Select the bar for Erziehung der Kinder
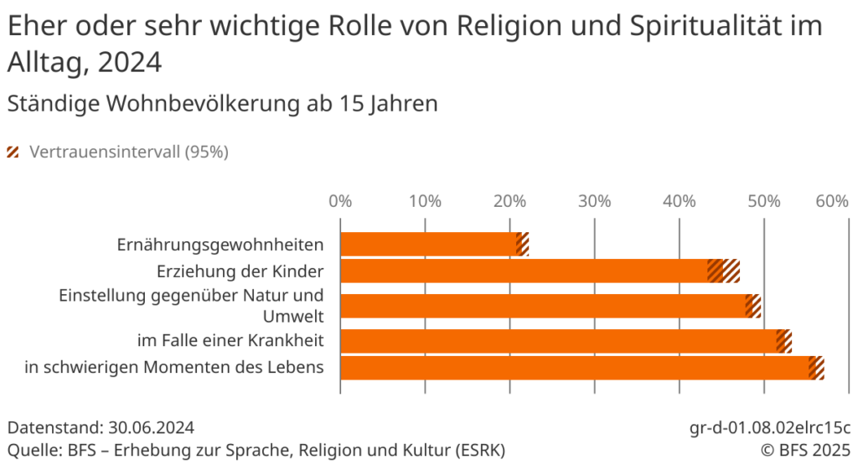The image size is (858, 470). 524,271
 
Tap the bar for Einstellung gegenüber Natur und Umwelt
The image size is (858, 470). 542,306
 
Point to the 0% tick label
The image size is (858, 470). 339,202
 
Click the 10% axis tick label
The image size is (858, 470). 425,202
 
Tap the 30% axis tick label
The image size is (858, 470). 594,202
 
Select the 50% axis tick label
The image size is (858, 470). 764,202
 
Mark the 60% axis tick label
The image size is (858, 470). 833,202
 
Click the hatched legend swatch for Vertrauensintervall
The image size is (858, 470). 13,152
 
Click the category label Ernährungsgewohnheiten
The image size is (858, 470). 220,245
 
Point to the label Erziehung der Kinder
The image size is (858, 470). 240,271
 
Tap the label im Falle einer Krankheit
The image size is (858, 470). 230,341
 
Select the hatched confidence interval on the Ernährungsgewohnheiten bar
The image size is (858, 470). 523,245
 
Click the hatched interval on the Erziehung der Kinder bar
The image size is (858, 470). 724,271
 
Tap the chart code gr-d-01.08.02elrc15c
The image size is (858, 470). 770,428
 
